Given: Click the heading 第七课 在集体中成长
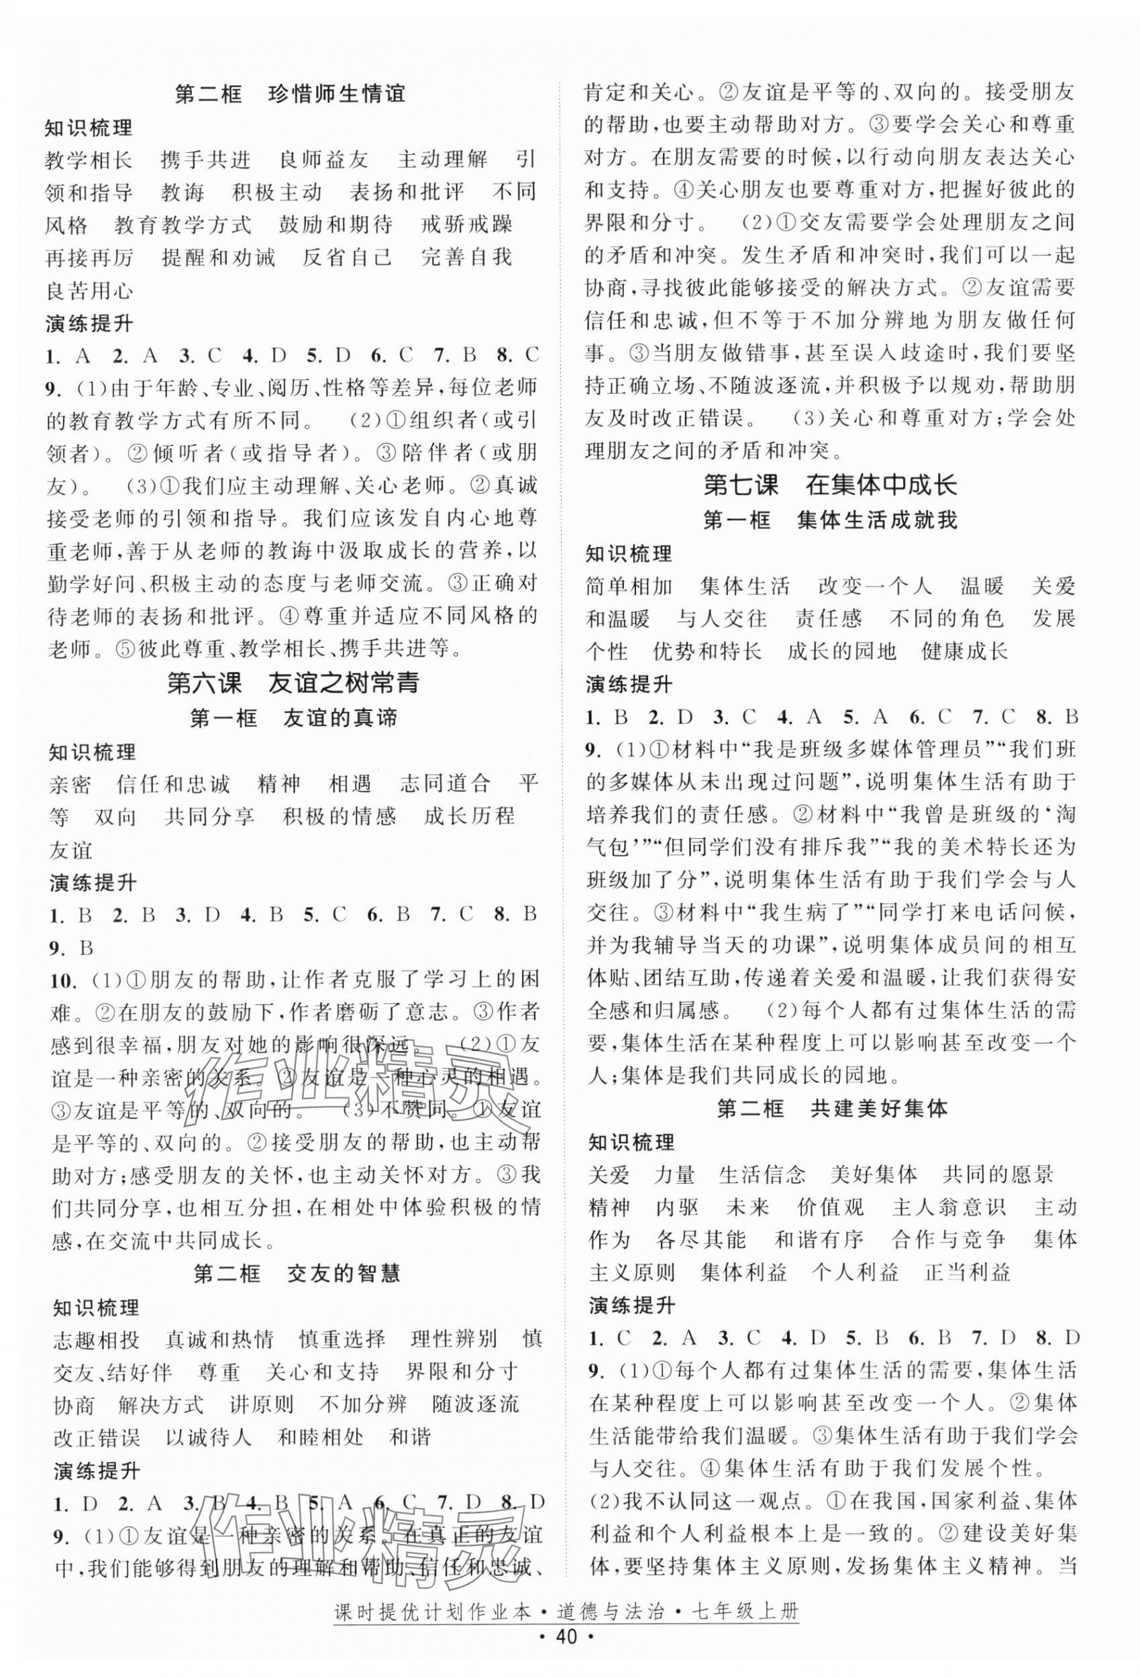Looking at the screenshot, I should tap(830, 484).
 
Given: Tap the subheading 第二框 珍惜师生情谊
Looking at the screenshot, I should tap(290, 95).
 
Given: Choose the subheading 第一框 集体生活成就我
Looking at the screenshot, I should tap(830, 520).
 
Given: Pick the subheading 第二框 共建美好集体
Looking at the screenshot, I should tap(831, 1109).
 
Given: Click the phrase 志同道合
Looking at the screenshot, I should tap(446, 783).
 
